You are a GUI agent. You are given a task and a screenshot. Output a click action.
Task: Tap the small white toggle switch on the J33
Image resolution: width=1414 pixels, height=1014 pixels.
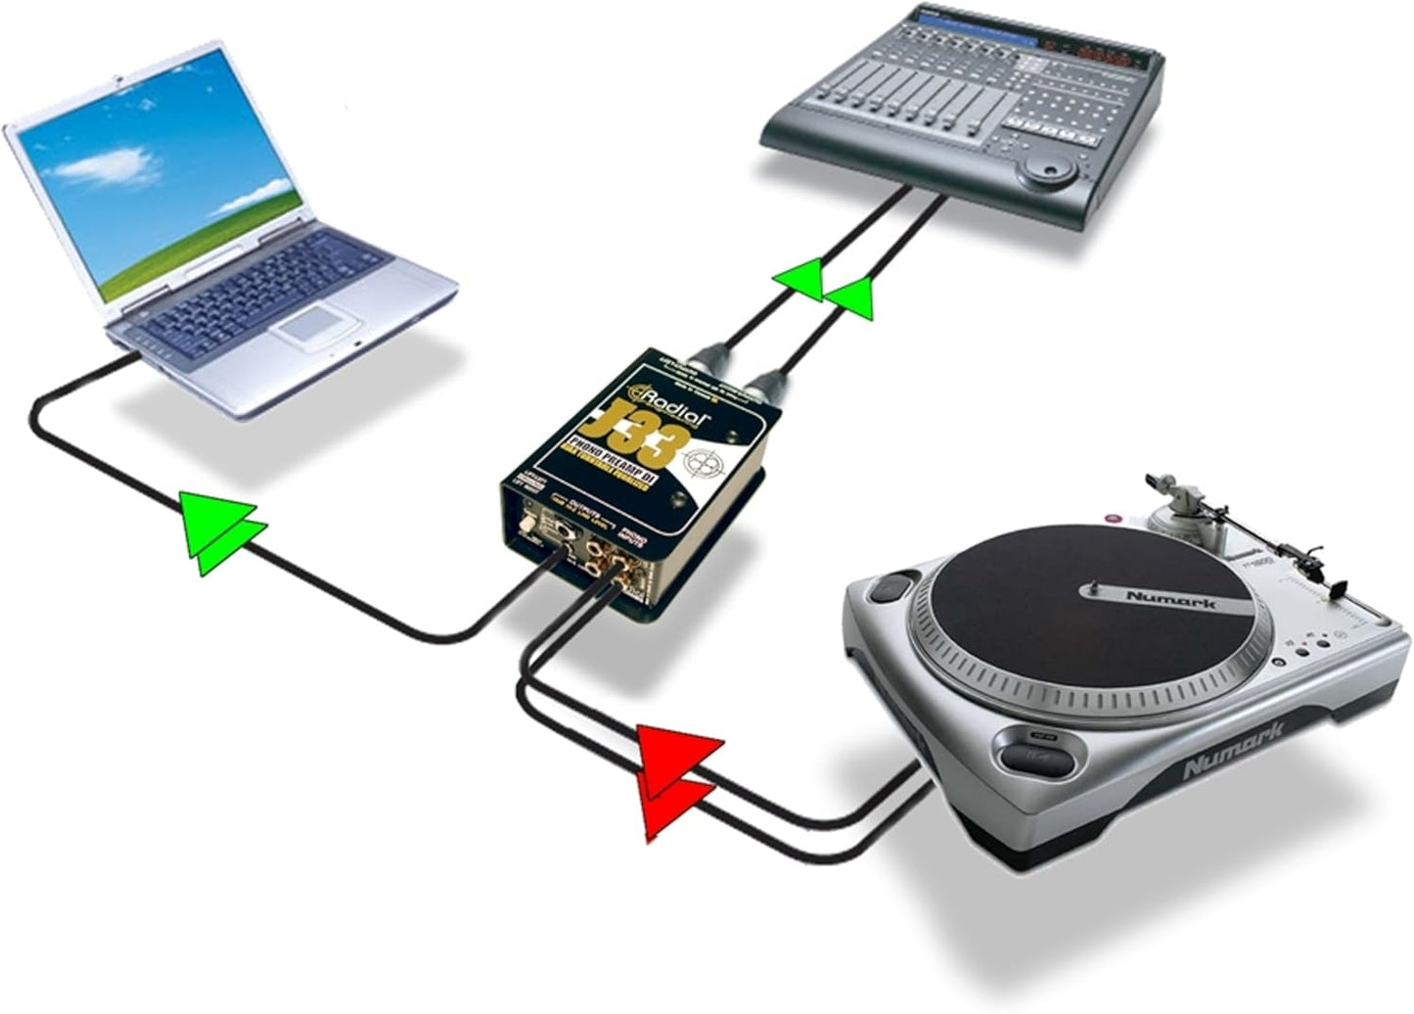pos(529,525)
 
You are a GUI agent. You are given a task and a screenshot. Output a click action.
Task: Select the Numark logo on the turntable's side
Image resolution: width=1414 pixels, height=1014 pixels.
pos(1232,751)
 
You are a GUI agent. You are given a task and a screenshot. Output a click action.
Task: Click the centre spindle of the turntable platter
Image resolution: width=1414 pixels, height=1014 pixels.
pos(1090,589)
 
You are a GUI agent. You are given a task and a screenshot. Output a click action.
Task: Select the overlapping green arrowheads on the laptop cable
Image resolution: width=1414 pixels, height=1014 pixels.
pos(224,533)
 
